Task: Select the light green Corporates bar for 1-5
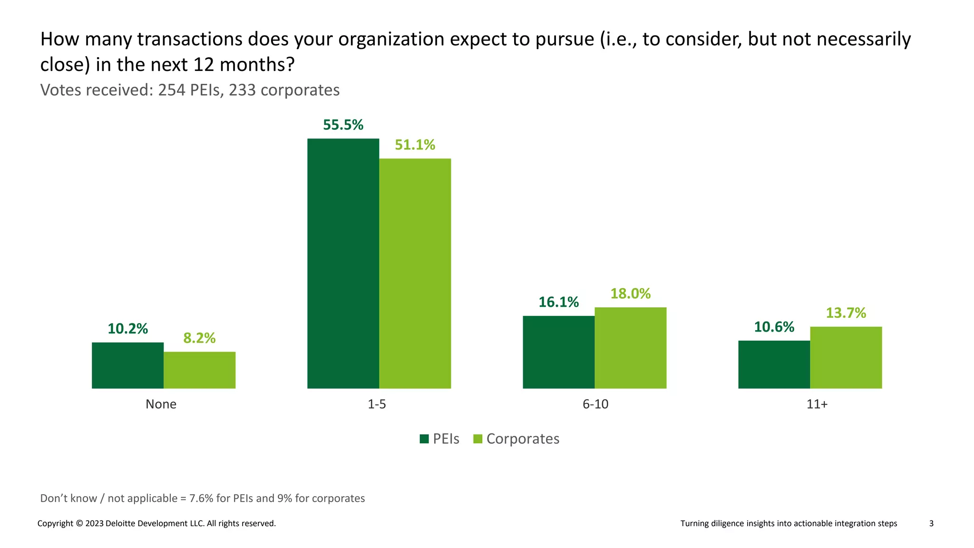coord(415,273)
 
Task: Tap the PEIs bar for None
coord(127,365)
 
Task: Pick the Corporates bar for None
coord(199,370)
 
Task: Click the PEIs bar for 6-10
coord(558,352)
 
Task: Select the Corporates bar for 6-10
coord(630,347)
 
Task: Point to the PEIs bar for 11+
coord(774,364)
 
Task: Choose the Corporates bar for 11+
coord(846,357)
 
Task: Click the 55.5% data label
coord(343,125)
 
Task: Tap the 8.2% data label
coord(199,338)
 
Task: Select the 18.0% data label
coord(630,294)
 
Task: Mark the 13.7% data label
coord(846,313)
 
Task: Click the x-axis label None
coord(161,404)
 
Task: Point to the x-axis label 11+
coord(817,404)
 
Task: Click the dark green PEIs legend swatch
coord(424,439)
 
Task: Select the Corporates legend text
coord(523,439)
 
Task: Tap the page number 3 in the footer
coord(931,523)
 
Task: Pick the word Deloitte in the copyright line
coord(120,523)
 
